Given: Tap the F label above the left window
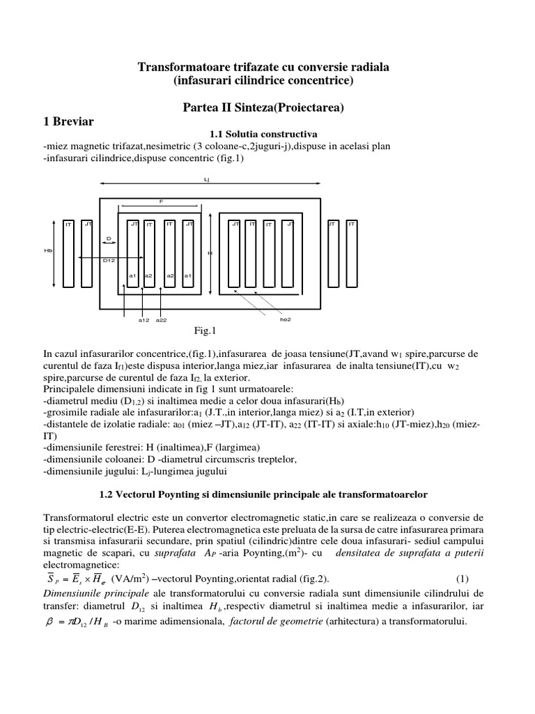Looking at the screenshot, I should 161,202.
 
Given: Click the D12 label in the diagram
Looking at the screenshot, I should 108,261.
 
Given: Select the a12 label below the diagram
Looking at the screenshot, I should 144,320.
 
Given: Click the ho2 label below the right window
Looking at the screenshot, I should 285,320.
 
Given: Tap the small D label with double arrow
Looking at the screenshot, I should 109,238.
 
